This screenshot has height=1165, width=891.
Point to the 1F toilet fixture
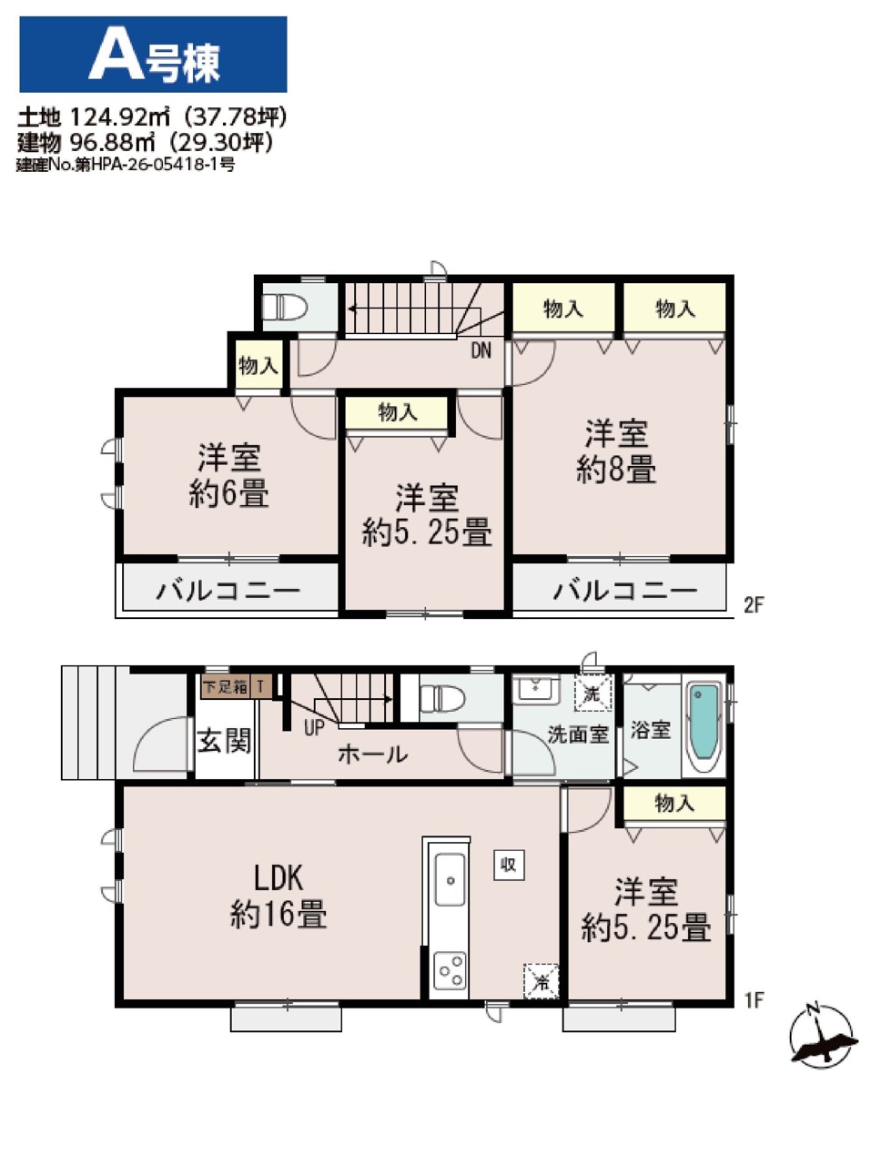(442, 697)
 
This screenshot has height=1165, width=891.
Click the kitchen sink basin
(451, 879)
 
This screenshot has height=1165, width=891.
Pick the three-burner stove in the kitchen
(450, 971)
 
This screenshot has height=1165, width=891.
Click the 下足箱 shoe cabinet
(226, 687)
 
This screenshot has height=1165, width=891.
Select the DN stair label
(481, 350)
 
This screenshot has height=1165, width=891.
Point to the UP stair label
(314, 727)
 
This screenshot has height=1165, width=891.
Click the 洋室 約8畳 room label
(616, 451)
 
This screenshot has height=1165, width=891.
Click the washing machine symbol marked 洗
(593, 693)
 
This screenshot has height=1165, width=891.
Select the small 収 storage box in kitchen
(509, 866)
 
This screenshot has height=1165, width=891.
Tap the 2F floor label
(754, 604)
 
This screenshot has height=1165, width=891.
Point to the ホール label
(373, 754)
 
